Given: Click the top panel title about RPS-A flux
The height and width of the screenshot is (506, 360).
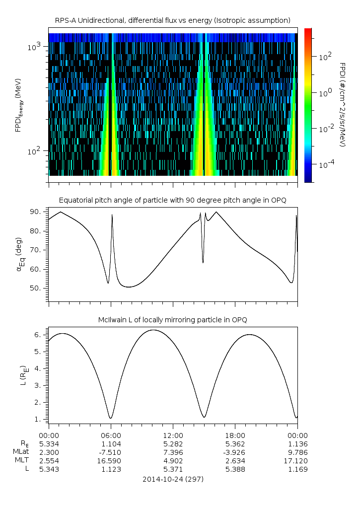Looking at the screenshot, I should coord(173,20).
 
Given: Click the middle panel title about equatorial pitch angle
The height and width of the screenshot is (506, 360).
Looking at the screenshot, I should coord(173,200).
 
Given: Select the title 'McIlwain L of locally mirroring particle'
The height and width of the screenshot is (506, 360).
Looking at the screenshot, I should coord(173,319).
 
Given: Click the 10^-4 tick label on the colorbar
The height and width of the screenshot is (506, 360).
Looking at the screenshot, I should coord(326,164).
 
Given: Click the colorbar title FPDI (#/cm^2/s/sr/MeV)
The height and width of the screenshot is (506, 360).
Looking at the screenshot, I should coord(342,105).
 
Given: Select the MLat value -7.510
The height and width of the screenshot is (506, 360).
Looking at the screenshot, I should coord(111,452).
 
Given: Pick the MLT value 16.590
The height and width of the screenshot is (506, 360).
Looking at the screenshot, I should coord(111,460).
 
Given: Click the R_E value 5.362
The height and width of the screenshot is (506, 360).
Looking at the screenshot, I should coord(235,443).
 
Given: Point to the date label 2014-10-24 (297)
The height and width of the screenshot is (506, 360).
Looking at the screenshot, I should coord(173,480).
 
